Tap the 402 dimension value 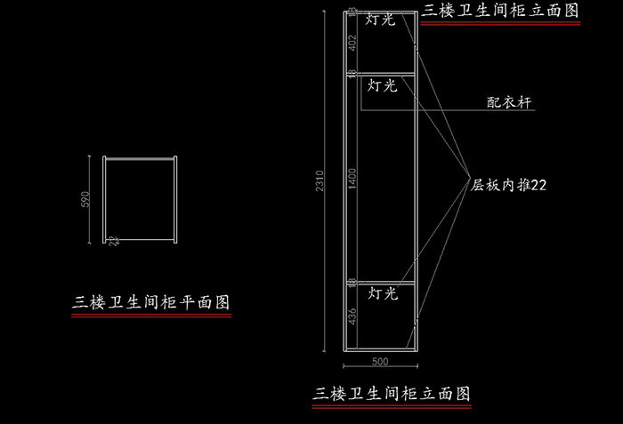point(352,42)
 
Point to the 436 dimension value point(352,316)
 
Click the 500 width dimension point(380,362)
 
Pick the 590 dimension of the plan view point(86,199)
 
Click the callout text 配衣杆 point(508,103)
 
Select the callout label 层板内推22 point(508,185)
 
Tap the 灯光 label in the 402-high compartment point(381,19)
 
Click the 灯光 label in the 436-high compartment point(383,292)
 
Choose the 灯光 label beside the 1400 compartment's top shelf point(381,85)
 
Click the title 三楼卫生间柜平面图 point(151,302)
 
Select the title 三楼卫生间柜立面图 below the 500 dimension point(392,392)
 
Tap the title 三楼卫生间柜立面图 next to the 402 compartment point(501,10)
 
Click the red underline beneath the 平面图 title point(151,315)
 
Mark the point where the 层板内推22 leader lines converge point(469,176)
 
